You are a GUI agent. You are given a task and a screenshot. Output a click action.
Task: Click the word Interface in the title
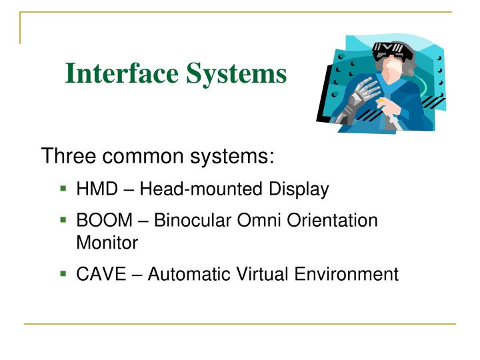[112, 73]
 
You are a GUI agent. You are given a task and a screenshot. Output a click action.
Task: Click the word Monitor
[107, 243]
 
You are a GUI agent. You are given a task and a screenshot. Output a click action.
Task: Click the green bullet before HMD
[63, 189]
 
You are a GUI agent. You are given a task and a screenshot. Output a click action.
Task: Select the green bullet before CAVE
[63, 273]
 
